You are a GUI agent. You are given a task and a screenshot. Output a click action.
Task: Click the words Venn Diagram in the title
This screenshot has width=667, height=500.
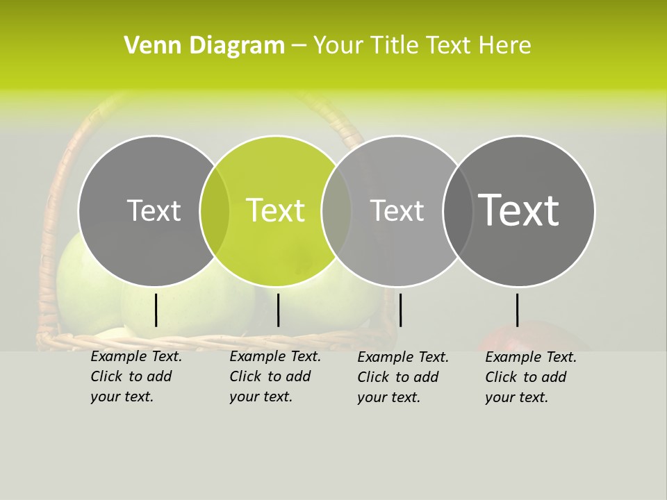click(204, 46)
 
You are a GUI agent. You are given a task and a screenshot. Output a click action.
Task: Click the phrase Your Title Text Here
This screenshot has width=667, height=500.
click(422, 46)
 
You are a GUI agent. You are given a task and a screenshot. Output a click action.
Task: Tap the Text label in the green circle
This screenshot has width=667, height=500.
click(275, 210)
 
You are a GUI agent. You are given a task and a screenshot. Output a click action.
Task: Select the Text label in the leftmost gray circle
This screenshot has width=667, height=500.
click(154, 210)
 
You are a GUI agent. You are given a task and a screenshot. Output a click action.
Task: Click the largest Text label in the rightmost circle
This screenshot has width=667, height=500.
click(518, 210)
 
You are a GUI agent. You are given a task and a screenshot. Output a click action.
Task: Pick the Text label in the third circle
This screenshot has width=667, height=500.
click(397, 210)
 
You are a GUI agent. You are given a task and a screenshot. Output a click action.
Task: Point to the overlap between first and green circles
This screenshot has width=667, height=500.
click(215, 210)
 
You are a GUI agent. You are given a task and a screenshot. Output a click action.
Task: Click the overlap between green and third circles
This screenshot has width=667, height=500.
click(336, 210)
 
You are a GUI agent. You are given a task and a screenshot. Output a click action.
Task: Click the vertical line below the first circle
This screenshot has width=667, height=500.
click(156, 310)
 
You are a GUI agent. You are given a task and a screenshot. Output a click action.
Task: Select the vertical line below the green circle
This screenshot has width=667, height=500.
click(278, 310)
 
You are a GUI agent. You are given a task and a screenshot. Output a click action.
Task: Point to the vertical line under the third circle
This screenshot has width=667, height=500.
click(400, 310)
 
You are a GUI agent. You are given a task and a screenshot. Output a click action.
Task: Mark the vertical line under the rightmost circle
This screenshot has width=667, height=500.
click(517, 310)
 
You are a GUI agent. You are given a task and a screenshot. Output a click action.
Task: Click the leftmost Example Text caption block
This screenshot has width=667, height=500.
click(135, 377)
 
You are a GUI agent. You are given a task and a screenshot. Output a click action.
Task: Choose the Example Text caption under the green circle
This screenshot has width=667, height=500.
click(274, 377)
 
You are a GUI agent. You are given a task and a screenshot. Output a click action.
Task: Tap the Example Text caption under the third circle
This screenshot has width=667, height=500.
click(402, 377)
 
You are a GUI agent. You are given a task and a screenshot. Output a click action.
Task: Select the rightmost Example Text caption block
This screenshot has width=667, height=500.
click(530, 377)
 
